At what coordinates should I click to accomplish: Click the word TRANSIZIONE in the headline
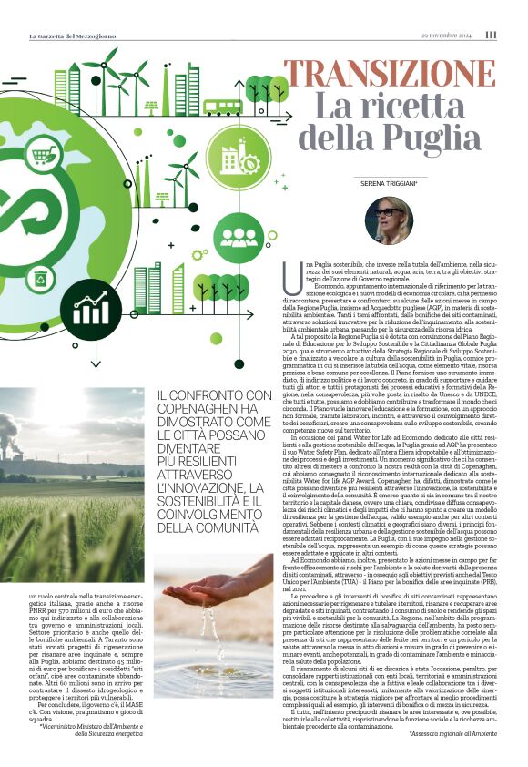(392, 73)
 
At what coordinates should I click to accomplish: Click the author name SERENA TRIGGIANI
(389, 185)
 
